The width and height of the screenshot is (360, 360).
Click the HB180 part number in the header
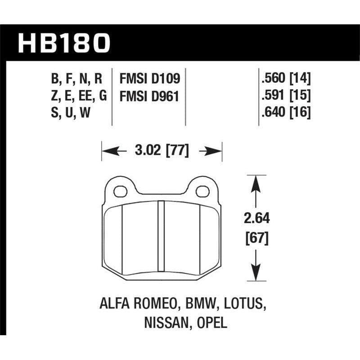tap(63, 43)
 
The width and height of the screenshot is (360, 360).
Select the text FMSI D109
tap(150, 79)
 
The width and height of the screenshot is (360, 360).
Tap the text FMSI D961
tap(150, 95)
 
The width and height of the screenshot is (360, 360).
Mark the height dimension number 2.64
tap(256, 219)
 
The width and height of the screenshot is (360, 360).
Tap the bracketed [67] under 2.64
tap(256, 238)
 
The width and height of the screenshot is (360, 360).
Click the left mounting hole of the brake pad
tap(120, 191)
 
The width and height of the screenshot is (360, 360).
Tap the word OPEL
tap(210, 323)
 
